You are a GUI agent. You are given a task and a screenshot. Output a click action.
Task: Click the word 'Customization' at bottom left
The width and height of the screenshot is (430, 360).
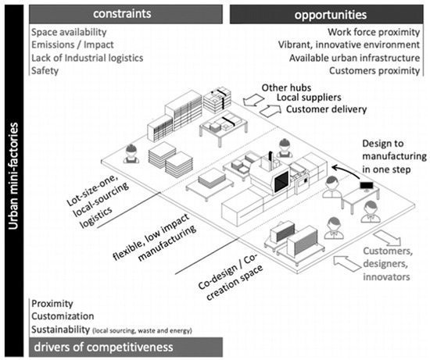pyautogui.click(x=65, y=315)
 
